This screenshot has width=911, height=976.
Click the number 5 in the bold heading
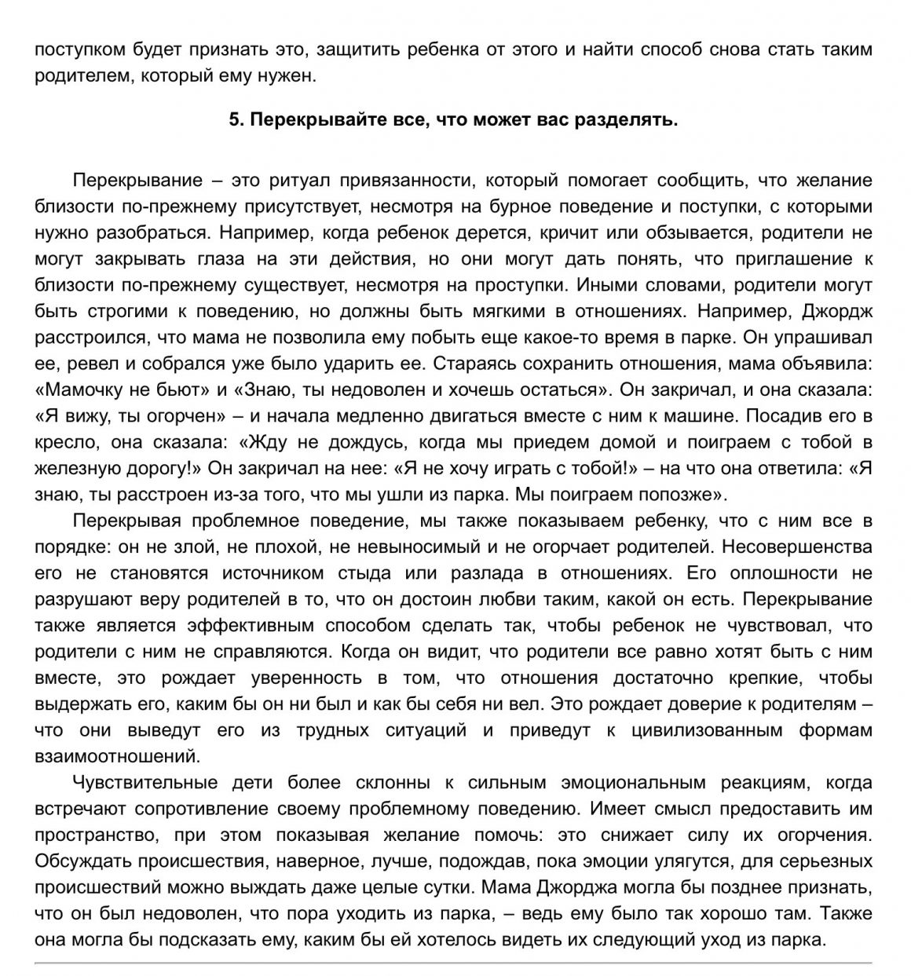click(x=233, y=120)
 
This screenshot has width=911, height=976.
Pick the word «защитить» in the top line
click(x=346, y=49)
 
